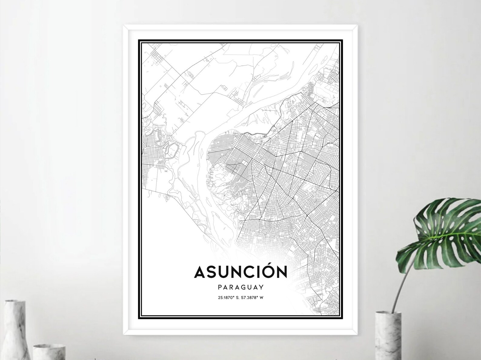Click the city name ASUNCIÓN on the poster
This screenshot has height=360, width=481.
tap(240, 272)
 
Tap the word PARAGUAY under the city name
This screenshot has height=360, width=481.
tap(240, 287)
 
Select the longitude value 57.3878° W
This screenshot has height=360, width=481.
tap(252, 297)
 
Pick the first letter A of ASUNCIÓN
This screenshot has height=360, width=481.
tap(200, 272)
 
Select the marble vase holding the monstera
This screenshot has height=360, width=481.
tap(388, 336)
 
